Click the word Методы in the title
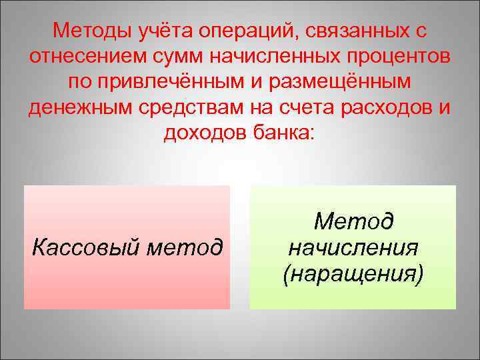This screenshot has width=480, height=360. click(x=93, y=31)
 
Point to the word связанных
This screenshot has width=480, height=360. click(x=361, y=31)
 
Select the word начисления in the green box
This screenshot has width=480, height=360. click(x=353, y=248)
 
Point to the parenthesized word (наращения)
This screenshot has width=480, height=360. click(x=353, y=273)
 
